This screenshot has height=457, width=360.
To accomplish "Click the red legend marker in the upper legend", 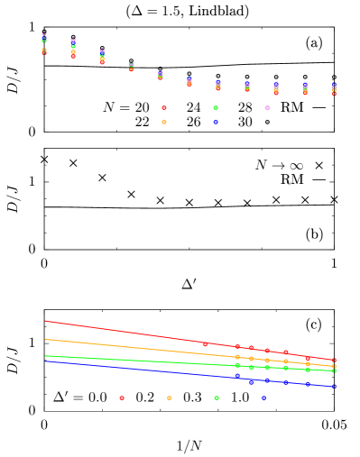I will coord(164,107).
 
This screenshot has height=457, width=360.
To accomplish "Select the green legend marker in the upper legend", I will coord(216,107).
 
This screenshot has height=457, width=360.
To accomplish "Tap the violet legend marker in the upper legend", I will coord(267,107).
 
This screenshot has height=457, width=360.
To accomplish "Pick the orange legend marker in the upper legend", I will coord(164,122).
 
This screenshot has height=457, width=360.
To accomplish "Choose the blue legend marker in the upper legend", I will coord(216,122).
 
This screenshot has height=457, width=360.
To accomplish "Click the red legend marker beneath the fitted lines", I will coord(122,398).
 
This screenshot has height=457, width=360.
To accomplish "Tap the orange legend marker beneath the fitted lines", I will coord(170,398).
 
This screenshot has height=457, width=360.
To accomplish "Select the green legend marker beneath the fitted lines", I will coord(217,398).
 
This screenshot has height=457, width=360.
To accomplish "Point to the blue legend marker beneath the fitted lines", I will coord(263,398).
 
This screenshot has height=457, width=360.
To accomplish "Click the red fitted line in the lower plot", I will coord(117,332).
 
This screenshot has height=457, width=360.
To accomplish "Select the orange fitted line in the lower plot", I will coord(117,345).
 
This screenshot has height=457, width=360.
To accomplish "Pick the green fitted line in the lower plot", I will coord(117,360).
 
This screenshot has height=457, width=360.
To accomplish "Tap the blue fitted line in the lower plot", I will coord(117,367).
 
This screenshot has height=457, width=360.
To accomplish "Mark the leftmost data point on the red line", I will coord(205,344).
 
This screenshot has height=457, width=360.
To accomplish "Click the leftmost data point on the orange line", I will coord(237,357).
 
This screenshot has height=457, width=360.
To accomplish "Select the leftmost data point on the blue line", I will coord(237,376).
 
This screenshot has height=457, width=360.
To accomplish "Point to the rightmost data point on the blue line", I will coord(334,387).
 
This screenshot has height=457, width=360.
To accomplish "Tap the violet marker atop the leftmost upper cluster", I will coord(44,34).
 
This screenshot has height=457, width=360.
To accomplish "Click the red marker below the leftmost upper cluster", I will coord(44,52).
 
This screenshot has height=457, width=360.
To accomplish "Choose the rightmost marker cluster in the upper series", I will coord(334,89).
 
